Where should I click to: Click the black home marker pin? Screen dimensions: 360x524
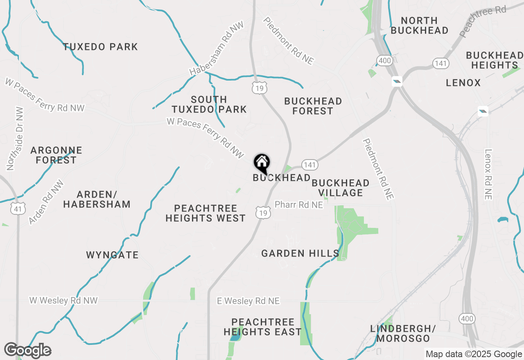262,163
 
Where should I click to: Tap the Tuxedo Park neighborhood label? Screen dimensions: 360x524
100,47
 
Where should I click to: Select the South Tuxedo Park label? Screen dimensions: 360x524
209,104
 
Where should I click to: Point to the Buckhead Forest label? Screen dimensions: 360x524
313,106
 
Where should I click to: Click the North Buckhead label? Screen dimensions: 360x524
419,25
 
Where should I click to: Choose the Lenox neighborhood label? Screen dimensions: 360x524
463,83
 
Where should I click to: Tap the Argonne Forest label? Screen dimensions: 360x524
56,155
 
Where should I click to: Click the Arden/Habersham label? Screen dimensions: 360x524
97,199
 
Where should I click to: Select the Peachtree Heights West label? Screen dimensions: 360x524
206,213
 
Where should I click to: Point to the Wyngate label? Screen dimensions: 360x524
112,255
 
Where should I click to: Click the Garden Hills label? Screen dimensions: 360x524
300,254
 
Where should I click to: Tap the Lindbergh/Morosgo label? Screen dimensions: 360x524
403,333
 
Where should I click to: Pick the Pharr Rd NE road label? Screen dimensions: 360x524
298,205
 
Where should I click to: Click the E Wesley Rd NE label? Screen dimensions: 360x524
248,301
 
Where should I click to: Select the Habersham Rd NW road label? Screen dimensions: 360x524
217,49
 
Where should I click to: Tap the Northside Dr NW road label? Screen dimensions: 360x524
15,139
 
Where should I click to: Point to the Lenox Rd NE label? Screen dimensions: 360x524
488,174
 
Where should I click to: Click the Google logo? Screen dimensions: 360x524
27,351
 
